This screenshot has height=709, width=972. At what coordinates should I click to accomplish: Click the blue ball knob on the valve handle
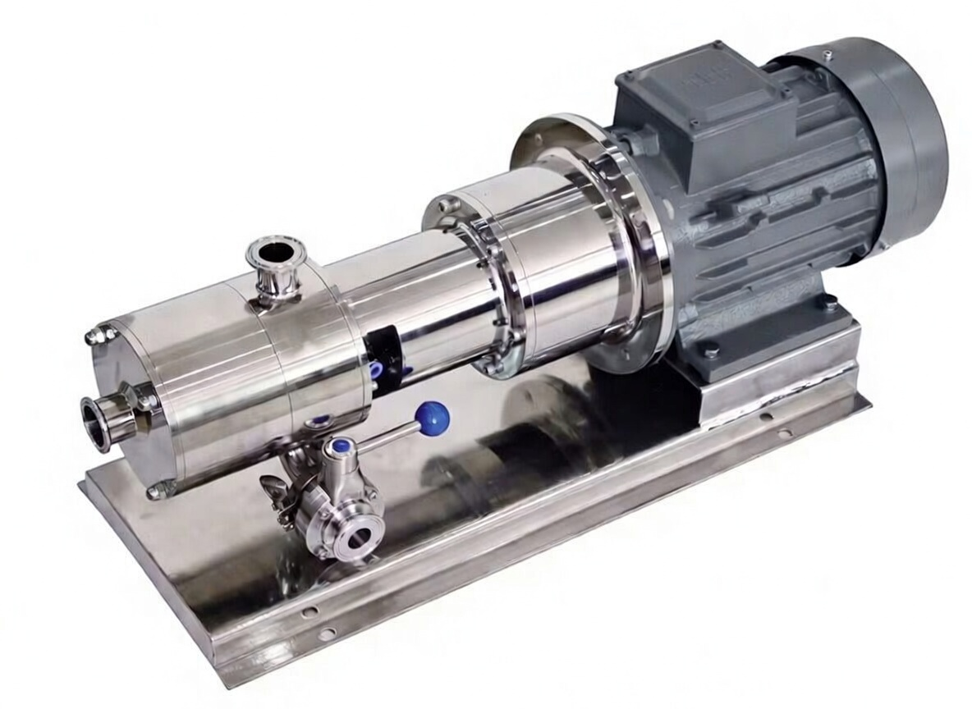tap(433, 419)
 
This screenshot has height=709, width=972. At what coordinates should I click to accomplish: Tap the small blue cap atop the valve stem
tap(338, 448)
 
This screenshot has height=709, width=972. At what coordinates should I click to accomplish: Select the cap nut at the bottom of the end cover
tap(157, 491)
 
